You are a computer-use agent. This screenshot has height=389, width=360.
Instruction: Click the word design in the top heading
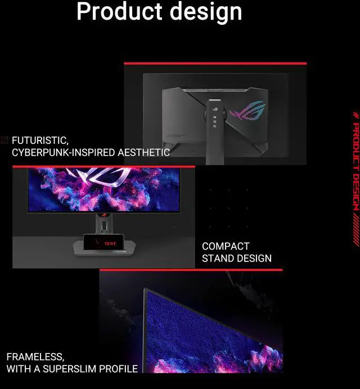tap(206, 12)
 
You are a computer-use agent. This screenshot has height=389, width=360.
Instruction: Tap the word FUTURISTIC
tap(40, 141)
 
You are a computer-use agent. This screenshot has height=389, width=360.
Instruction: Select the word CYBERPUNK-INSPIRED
tap(64, 152)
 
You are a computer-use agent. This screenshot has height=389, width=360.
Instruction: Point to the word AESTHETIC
tap(144, 152)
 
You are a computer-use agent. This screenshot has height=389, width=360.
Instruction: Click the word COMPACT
tap(226, 246)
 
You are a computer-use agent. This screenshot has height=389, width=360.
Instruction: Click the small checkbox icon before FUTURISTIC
tap(4, 140)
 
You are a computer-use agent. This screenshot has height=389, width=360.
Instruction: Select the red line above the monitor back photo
tap(215, 64)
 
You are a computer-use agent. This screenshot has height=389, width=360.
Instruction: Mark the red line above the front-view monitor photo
tap(103, 166)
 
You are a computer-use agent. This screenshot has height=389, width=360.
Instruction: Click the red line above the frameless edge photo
tap(191, 270)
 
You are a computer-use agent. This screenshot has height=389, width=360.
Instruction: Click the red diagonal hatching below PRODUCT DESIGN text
tap(355, 230)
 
